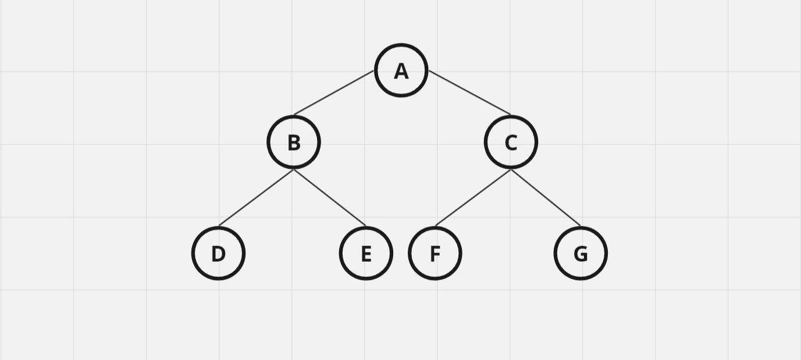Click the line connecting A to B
334,92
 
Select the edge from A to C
470,92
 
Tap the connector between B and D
256,198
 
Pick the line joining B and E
330,198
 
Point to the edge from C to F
473,198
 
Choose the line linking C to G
546,198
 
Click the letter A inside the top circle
401,72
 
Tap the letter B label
294,143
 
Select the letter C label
511,143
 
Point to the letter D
218,254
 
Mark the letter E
366,254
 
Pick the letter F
435,254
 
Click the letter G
581,254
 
